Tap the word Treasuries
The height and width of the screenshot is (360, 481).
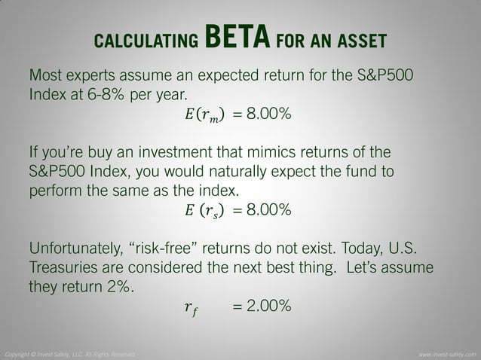click(x=67, y=267)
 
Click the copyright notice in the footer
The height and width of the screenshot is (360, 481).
click(x=70, y=353)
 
